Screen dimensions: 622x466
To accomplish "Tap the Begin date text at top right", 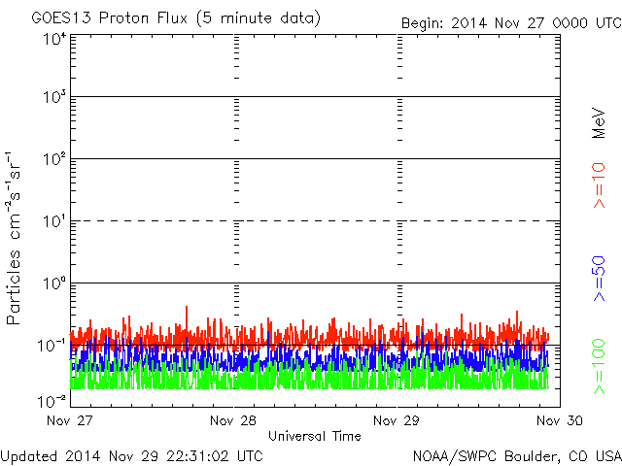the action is pyautogui.click(x=511, y=23).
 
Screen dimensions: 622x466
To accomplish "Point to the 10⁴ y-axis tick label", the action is pyautogui.click(x=54, y=40).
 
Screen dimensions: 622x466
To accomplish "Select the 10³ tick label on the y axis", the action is pyautogui.click(x=54, y=97).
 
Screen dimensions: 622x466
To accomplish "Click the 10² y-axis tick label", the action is pyautogui.click(x=54, y=159).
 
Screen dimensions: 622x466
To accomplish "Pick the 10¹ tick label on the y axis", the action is pyautogui.click(x=54, y=221).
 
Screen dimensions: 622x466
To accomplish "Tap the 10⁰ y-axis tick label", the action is pyautogui.click(x=54, y=283).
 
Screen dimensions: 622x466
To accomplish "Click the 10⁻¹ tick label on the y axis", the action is pyautogui.click(x=52, y=346).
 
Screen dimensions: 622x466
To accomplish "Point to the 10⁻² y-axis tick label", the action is pyautogui.click(x=52, y=401).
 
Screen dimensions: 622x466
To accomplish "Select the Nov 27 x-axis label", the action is pyautogui.click(x=70, y=420).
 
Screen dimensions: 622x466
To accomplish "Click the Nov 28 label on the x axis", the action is pyautogui.click(x=233, y=420).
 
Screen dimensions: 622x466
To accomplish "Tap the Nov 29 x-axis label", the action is pyautogui.click(x=397, y=420).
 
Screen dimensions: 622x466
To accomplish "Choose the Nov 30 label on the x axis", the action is pyautogui.click(x=560, y=420).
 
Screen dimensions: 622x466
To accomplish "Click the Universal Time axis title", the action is pyautogui.click(x=315, y=436).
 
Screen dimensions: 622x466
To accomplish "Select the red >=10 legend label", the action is pyautogui.click(x=599, y=185).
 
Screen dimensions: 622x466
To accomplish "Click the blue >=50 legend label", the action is pyautogui.click(x=599, y=279).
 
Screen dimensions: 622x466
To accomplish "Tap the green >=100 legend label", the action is pyautogui.click(x=599, y=367).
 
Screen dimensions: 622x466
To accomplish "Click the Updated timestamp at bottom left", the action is pyautogui.click(x=132, y=456).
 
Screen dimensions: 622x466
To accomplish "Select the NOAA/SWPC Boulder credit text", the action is pyautogui.click(x=517, y=456).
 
